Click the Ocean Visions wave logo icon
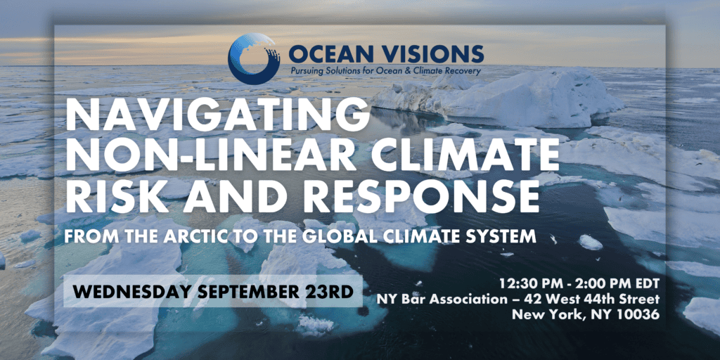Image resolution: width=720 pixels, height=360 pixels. [x=254, y=58]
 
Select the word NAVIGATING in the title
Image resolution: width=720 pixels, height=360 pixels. [x=217, y=115]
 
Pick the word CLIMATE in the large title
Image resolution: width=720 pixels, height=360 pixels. [x=460, y=156]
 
